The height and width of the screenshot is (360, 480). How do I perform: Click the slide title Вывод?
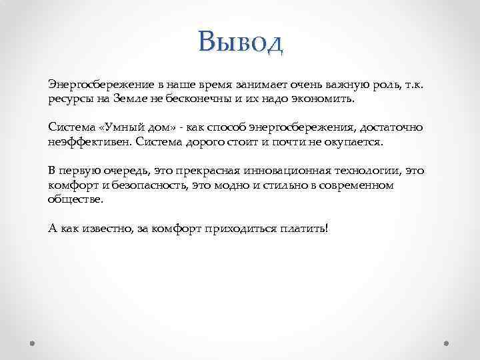click(x=241, y=42)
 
